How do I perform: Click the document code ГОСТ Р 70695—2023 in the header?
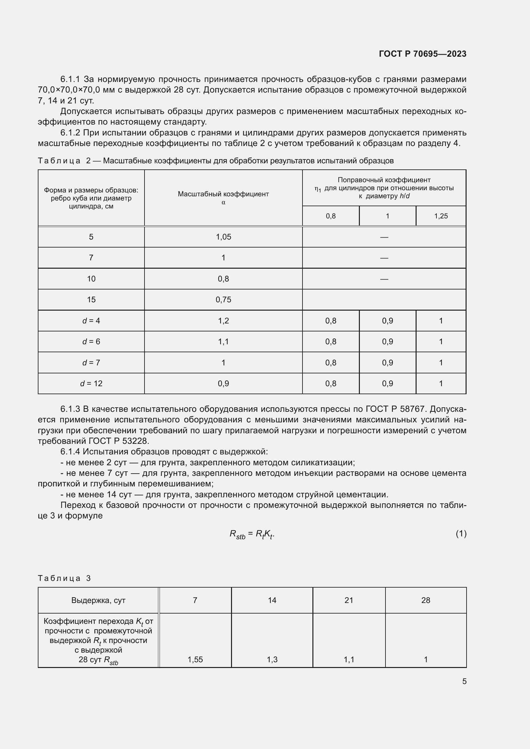pos(423,54)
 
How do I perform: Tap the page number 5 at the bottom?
pos(464,681)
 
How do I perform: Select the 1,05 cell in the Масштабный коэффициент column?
pos(223,237)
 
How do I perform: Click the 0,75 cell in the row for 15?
pos(223,299)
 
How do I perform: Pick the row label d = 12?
pos(91,383)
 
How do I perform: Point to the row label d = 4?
pos(91,321)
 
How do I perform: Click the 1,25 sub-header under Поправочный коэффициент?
pos(441,216)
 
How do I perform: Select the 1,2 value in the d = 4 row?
pos(223,321)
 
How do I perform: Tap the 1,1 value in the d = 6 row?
pos(223,342)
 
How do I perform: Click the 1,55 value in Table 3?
pos(195,659)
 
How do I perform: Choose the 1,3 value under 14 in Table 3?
pos(272,659)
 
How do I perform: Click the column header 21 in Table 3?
pos(349,600)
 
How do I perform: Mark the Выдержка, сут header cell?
pos(98,600)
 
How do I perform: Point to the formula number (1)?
pos(461,534)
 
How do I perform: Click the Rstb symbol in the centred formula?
pos(237,534)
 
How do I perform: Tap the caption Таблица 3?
pos(64,578)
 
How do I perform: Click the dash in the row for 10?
pos(384,279)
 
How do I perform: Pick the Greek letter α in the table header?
pos(223,202)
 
